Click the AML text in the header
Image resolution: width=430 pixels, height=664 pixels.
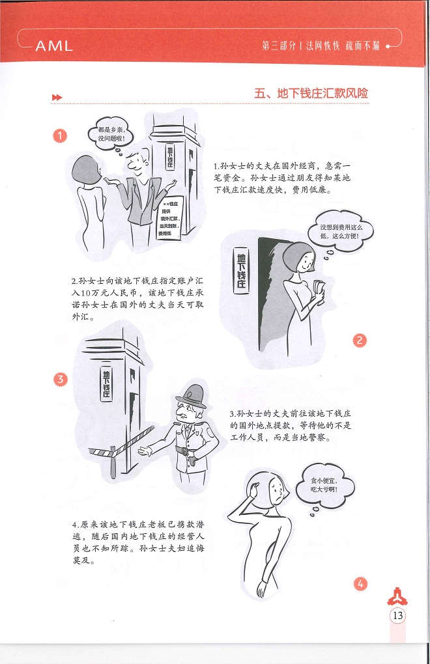(x=54, y=46)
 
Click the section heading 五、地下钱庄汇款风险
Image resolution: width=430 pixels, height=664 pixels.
(x=311, y=93)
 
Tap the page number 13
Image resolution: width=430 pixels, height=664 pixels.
(x=397, y=615)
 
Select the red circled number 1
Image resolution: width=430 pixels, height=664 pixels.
(x=60, y=135)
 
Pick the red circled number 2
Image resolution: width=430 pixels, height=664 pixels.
(x=360, y=340)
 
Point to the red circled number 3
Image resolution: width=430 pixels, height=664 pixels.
(x=60, y=379)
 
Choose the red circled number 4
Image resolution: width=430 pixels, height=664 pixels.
(x=360, y=584)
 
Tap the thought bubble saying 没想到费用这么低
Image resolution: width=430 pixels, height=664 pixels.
(x=341, y=232)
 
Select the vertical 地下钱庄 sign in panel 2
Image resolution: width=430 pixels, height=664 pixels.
(x=241, y=271)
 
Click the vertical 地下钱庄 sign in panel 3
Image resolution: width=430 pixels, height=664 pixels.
(x=106, y=383)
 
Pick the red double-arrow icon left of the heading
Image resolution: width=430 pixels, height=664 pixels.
(x=57, y=98)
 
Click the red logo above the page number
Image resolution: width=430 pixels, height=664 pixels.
(x=397, y=597)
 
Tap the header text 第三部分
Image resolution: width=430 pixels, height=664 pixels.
(x=279, y=46)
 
